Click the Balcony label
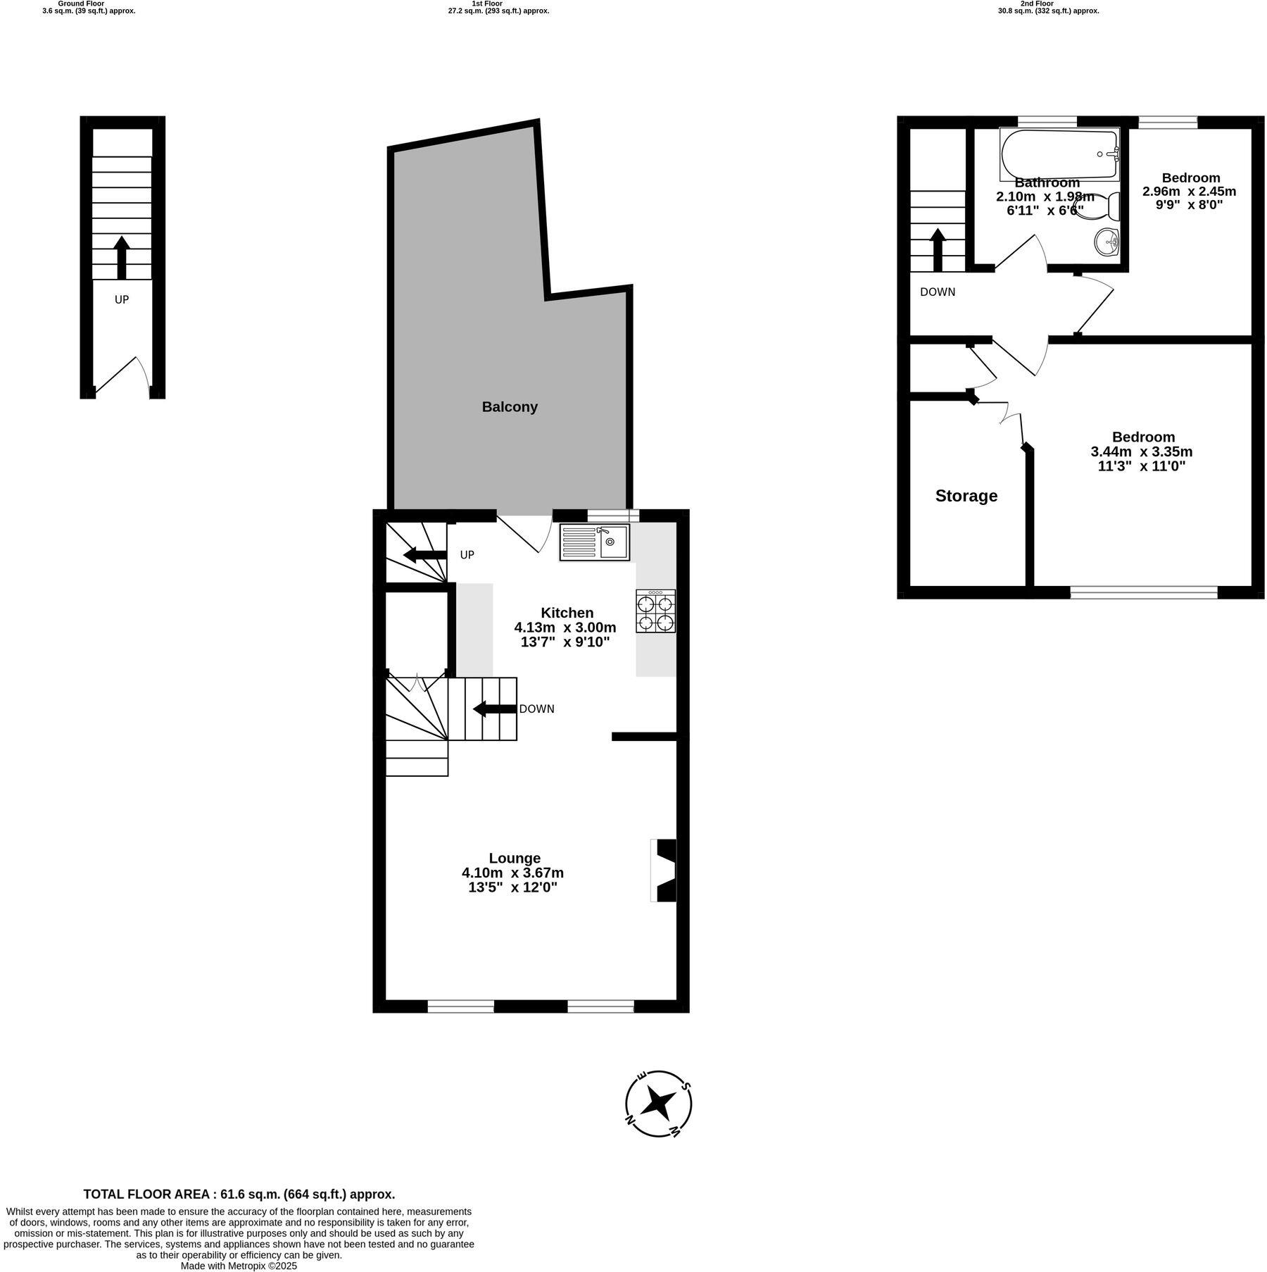pos(510,407)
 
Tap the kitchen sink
pos(595,542)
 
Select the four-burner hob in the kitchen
pos(655,611)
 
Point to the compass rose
pos(659,1104)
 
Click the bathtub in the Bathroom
pos(1059,154)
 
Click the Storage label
pos(966,496)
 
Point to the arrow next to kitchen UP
pos(425,556)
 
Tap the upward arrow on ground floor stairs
pos(122,257)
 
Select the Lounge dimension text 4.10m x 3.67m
pos(512,873)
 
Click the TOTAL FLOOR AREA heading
pos(239,1194)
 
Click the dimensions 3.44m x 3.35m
pos(1141,451)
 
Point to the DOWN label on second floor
pos(938,292)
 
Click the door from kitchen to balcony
pos(524,533)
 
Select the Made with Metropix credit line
pos(239,1265)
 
